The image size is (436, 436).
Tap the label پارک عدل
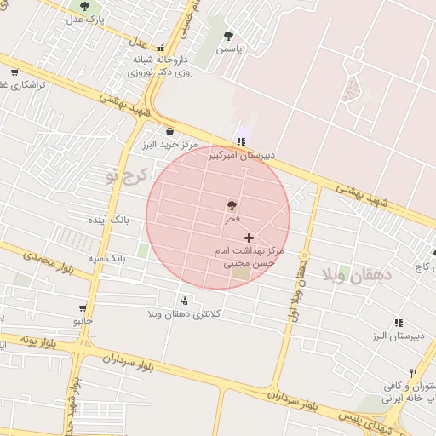[x=87, y=19]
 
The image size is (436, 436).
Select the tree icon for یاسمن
[x=228, y=36]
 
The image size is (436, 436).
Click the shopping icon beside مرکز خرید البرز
[x=169, y=131]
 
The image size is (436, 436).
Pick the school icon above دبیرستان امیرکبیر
[x=242, y=141]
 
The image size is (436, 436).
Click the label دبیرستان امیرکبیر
[x=244, y=155]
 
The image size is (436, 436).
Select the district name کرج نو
[x=126, y=176]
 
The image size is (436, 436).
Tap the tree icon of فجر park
[x=231, y=204]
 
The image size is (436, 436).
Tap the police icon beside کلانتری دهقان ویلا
[x=184, y=301]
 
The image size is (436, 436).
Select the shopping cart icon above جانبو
[x=83, y=308]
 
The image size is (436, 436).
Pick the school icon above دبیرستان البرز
[x=399, y=323]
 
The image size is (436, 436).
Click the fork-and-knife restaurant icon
[x=413, y=372]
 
